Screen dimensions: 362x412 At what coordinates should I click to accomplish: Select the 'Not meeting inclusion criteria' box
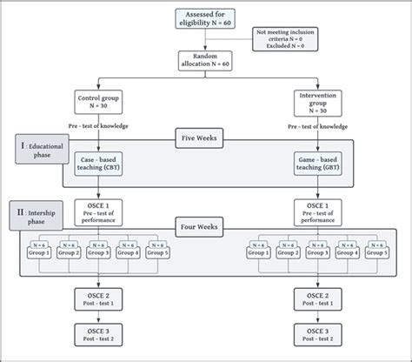(286, 39)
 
